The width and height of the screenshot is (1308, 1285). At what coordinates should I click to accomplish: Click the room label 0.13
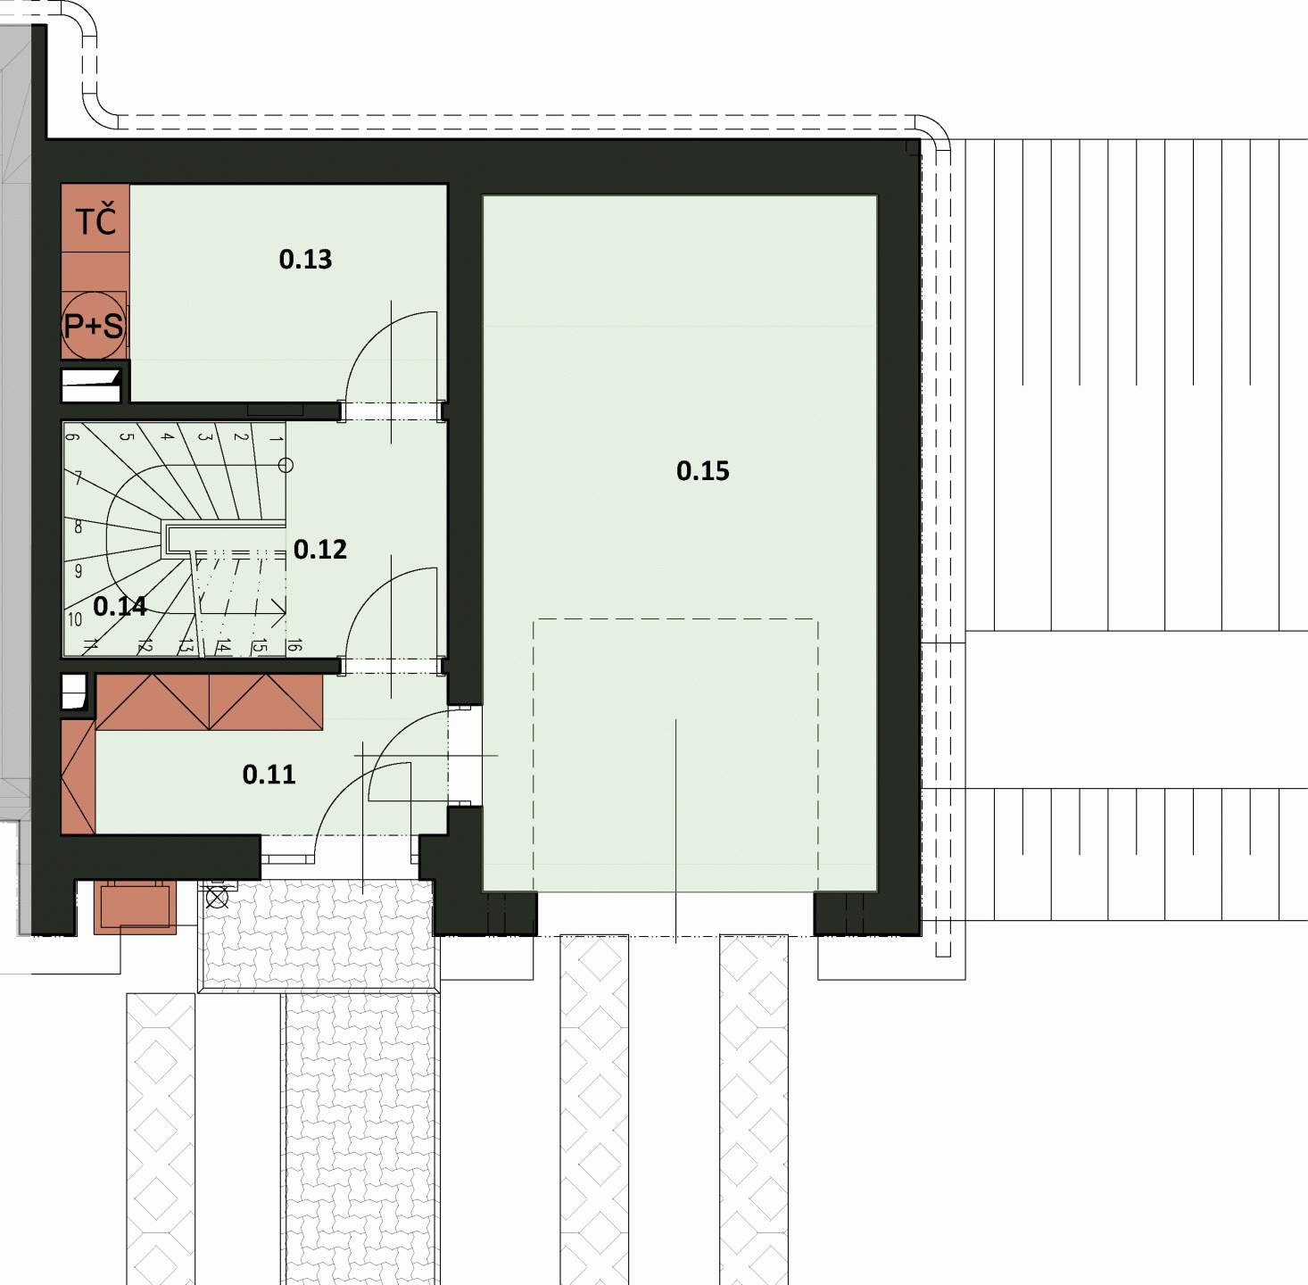pos(305,260)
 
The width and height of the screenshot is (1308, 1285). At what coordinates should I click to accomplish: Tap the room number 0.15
pos(702,470)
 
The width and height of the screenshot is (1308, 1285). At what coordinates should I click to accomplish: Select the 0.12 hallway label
pos(319,550)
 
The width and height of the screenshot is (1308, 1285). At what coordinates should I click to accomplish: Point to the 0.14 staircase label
pos(120,606)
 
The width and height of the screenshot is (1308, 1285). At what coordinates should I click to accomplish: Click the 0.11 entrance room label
pos(269,775)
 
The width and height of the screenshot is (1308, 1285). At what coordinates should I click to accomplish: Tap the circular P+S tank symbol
pos(94,326)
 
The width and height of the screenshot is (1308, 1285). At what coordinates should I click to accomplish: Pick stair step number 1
pos(276,439)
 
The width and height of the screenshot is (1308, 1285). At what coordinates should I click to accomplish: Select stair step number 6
pos(72,436)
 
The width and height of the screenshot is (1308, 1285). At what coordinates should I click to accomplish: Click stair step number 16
pos(294,645)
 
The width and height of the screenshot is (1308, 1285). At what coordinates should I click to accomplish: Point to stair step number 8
pos(78,526)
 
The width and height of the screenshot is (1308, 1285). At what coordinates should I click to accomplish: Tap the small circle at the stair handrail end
pos(286,465)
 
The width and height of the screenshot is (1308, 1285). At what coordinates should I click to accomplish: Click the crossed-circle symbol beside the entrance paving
pos(217,898)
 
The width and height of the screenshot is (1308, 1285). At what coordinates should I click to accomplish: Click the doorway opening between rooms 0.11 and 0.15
pos(465,755)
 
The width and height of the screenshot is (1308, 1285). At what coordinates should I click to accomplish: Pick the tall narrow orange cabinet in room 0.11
pos(78,776)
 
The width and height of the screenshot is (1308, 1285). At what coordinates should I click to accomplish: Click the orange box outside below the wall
pos(135,908)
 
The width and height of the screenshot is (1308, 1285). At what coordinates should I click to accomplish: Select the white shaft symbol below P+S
pos(92,385)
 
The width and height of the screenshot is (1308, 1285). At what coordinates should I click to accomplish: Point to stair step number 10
pos(75,619)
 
